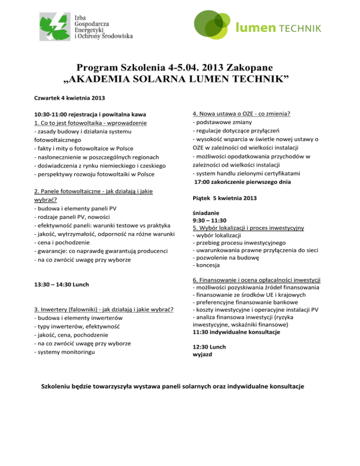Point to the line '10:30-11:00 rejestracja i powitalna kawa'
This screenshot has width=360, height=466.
click(91, 114)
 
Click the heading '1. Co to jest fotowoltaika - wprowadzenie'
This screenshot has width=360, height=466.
click(91, 123)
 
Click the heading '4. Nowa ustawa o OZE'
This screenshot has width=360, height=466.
click(241, 114)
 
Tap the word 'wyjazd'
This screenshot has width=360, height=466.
click(202, 355)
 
